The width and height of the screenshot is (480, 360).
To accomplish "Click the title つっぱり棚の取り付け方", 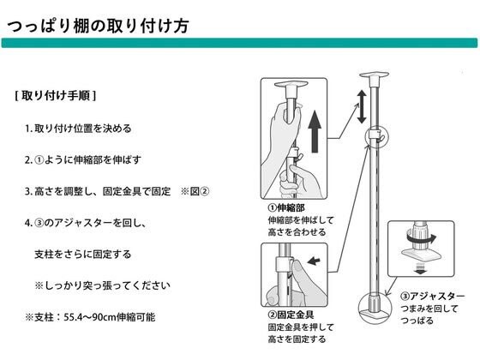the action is point(98,26).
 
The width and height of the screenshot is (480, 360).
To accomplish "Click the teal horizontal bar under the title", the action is point(239,43).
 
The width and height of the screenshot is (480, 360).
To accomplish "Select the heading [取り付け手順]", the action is point(56,96).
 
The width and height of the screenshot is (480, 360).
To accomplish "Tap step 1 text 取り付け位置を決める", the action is point(82,128).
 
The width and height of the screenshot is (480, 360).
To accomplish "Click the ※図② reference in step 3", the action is point(195,191).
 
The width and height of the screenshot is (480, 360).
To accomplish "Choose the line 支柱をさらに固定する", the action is point(82,254).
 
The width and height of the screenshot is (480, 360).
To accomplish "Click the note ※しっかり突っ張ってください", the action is point(102,285).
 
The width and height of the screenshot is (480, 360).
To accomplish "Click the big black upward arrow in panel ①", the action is point(315,131).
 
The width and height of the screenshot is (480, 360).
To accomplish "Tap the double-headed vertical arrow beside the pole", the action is point(362,106).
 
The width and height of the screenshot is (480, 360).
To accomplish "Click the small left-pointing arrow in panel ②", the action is point(313,261).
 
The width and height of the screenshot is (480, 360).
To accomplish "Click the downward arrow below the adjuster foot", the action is point(421,268).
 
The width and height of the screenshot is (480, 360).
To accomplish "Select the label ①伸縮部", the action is point(286,207).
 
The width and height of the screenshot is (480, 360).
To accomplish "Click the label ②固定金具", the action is point(291,315).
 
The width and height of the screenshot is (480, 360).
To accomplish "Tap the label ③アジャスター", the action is point(433,296).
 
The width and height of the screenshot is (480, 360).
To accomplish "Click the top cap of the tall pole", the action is point(374,78).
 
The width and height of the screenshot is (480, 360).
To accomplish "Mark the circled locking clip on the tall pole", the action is point(377,136).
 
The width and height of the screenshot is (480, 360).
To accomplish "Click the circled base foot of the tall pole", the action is point(375,308).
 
